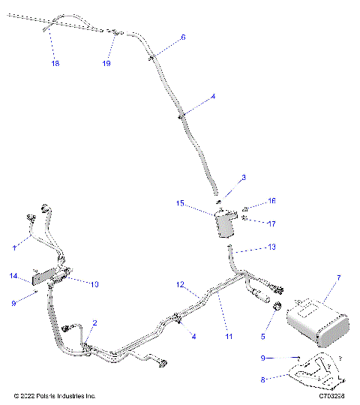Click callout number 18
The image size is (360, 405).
pyautogui.click(x=55, y=64)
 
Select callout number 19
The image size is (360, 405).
pyautogui.click(x=106, y=64)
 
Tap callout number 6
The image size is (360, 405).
pyautogui.click(x=183, y=37)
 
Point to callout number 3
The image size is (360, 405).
pyautogui.click(x=222, y=178)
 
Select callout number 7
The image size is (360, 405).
pyautogui.click(x=338, y=278)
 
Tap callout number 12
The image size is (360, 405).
pyautogui.click(x=180, y=285)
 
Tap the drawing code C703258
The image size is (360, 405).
pyautogui.click(x=332, y=394)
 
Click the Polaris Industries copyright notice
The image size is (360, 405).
pyautogui.click(x=55, y=394)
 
